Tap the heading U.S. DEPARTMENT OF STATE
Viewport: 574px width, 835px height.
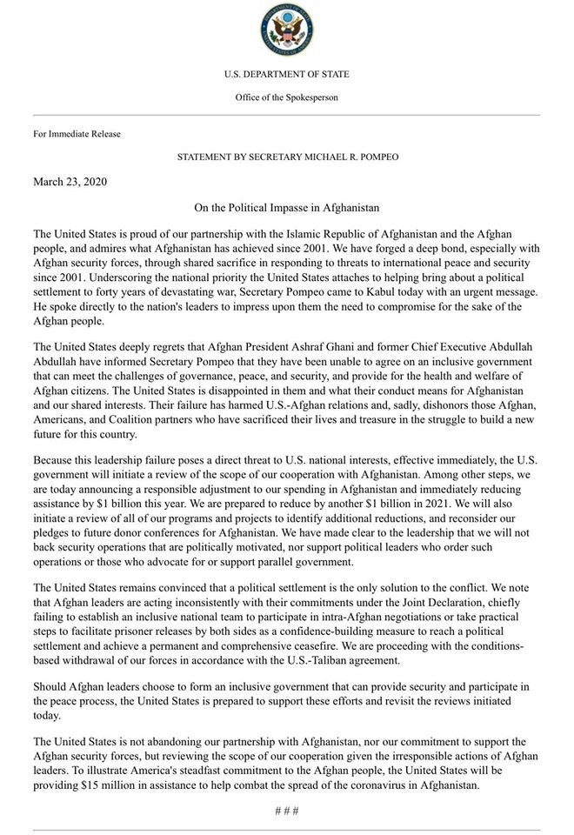point(286,74)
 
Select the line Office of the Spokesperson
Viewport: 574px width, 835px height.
point(286,97)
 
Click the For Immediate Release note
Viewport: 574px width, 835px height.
point(77,134)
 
